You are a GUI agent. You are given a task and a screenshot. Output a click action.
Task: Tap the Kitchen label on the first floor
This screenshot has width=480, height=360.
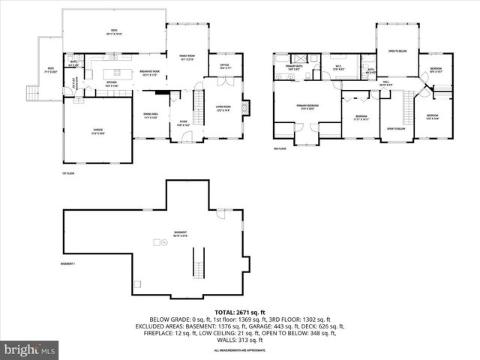[112, 84]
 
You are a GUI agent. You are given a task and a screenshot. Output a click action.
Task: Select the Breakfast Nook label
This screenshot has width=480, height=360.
[148, 73]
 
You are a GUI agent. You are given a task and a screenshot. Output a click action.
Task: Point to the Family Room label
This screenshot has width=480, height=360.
[187, 58]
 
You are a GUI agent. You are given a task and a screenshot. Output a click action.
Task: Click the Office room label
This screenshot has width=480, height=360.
[223, 67]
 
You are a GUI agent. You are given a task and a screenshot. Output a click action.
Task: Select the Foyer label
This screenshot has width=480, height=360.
[182, 124]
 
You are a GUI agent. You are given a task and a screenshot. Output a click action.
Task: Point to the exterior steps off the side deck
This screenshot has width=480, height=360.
[31, 94]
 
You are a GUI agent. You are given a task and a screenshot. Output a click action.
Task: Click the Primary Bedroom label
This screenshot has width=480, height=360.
[307, 107]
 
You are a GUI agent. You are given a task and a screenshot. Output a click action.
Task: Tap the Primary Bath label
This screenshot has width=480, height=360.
[293, 68]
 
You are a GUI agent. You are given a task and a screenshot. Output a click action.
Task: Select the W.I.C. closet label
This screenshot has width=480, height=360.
[338, 68]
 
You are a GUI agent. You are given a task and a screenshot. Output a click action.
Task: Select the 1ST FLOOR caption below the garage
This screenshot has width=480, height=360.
[69, 173]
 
